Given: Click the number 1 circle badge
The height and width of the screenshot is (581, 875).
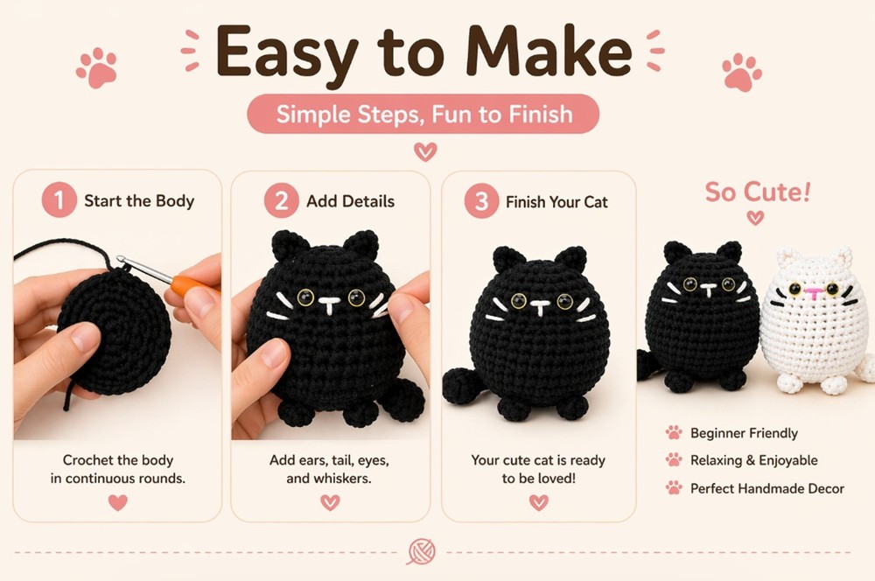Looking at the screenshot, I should pyautogui.click(x=59, y=200).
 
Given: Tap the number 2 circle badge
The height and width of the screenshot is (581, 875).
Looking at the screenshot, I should pyautogui.click(x=281, y=200).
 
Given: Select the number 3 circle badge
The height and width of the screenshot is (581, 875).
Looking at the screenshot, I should pyautogui.click(x=480, y=201).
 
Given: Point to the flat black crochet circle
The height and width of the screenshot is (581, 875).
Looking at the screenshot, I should pyautogui.click(x=114, y=329).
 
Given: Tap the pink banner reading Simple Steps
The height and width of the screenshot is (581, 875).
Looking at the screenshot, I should pyautogui.click(x=424, y=115).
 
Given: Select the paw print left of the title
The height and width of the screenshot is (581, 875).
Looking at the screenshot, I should pyautogui.click(x=96, y=67).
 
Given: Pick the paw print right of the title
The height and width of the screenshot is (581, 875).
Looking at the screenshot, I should pyautogui.click(x=741, y=72).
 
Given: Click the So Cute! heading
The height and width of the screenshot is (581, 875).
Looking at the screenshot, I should pyautogui.click(x=757, y=192).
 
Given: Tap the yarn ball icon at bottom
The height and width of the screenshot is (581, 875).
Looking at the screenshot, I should pyautogui.click(x=421, y=551).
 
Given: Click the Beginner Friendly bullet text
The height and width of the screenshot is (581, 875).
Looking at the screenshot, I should pyautogui.click(x=744, y=433).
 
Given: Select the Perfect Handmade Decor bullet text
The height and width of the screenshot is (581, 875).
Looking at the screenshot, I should pyautogui.click(x=766, y=488).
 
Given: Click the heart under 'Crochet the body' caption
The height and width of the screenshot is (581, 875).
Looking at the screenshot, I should pyautogui.click(x=117, y=502).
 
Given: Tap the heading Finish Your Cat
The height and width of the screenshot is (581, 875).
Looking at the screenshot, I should pyautogui.click(x=556, y=202).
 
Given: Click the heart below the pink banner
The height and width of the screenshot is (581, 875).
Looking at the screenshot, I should pyautogui.click(x=425, y=152).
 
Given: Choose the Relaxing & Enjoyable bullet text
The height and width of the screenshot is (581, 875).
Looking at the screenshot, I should pyautogui.click(x=753, y=460).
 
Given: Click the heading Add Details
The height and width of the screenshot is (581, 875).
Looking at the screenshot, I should pyautogui.click(x=350, y=201).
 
